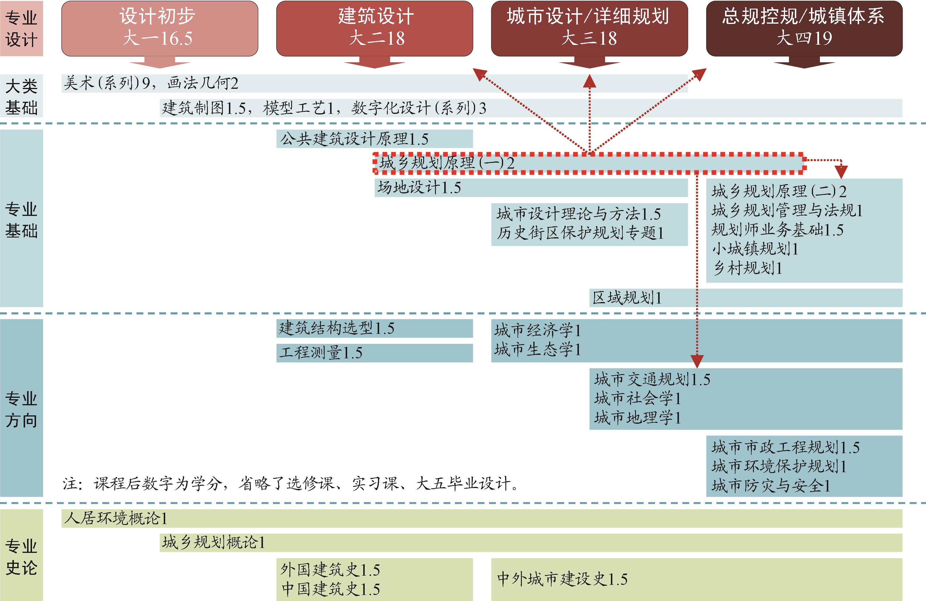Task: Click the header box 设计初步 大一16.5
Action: pos(159,28)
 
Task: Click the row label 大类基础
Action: pos(21,96)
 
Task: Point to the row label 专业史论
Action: pos(21,556)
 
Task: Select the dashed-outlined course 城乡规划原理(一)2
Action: pos(447,163)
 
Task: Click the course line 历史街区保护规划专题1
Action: pos(580,233)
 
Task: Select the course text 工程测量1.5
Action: pos(321,353)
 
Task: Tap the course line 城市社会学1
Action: pos(637,398)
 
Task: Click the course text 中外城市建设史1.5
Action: pos(562,579)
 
